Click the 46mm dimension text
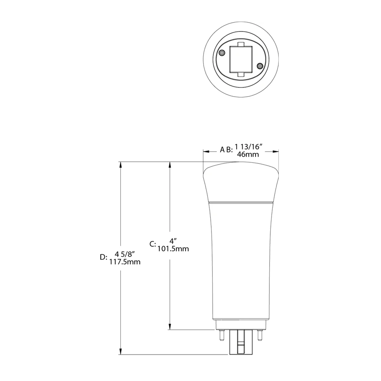coord(248,154)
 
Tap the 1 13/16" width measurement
coord(248,147)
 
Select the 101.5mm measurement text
coord(173,249)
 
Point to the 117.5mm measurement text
coord(125,262)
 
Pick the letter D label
coord(103,257)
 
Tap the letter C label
coord(153,244)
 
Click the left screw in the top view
coord(222,53)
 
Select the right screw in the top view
coord(260,66)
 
